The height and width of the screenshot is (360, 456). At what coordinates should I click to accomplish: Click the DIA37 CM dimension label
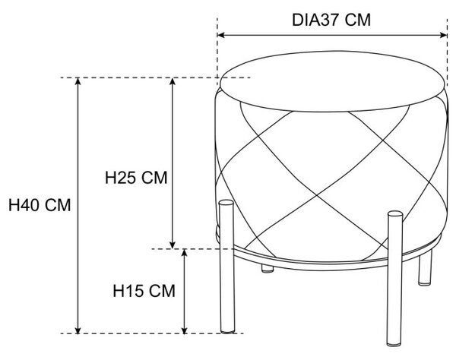tap(331, 21)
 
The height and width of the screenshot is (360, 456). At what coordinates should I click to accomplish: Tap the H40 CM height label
tap(40, 205)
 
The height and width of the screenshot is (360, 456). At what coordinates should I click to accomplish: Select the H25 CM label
tap(136, 178)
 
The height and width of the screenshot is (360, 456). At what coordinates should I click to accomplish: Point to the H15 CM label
tap(144, 291)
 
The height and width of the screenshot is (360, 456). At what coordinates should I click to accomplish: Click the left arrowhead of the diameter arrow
tap(221, 35)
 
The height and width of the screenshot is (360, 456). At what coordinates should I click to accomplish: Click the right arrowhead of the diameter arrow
tap(444, 35)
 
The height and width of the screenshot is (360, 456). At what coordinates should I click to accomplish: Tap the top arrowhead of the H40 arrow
tap(78, 82)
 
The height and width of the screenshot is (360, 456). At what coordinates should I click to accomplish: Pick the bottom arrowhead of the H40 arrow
tap(78, 330)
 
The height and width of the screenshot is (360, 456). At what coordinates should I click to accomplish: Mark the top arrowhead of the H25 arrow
tap(173, 82)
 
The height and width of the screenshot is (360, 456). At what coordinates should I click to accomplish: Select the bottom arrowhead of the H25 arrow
tap(173, 245)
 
